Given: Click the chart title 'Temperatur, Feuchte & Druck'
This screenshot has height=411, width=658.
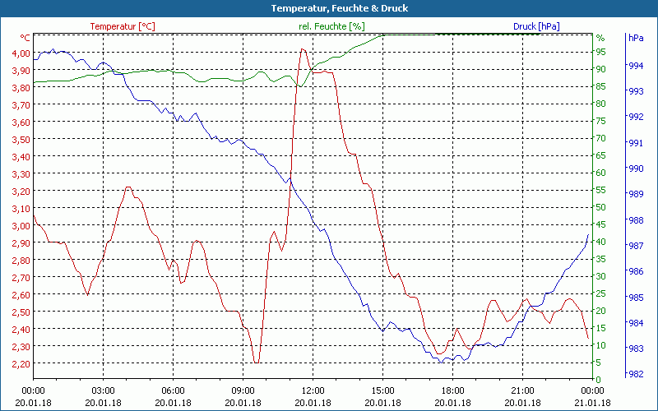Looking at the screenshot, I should click(328, 8).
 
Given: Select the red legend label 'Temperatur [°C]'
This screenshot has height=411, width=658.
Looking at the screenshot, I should click(122, 26).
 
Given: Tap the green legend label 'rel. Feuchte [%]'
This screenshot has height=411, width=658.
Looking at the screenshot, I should click(331, 26).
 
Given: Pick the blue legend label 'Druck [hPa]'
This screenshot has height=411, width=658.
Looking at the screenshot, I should click(536, 26).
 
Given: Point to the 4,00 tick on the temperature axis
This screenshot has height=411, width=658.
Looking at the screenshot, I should click(20, 53).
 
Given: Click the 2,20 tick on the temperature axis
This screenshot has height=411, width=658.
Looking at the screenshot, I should click(20, 363).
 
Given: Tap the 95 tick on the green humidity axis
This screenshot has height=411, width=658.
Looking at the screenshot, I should click(600, 52).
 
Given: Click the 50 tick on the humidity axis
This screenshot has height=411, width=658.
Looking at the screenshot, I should click(600, 207).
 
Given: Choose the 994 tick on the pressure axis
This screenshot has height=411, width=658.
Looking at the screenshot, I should click(635, 65).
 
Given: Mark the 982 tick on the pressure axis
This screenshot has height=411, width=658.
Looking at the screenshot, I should click(635, 374).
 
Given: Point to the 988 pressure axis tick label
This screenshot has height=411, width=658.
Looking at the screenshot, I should click(635, 219).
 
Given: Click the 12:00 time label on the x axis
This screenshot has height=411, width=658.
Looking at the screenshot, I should click(313, 390).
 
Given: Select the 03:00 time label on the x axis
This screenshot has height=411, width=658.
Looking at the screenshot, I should click(103, 390).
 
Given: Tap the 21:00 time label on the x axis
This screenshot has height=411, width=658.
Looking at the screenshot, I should click(523, 390).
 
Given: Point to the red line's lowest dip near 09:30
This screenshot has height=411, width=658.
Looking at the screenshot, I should click(257, 362).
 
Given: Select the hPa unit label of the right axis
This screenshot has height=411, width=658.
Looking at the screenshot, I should click(635, 38).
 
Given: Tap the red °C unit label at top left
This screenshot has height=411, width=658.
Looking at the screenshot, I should click(25, 38).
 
